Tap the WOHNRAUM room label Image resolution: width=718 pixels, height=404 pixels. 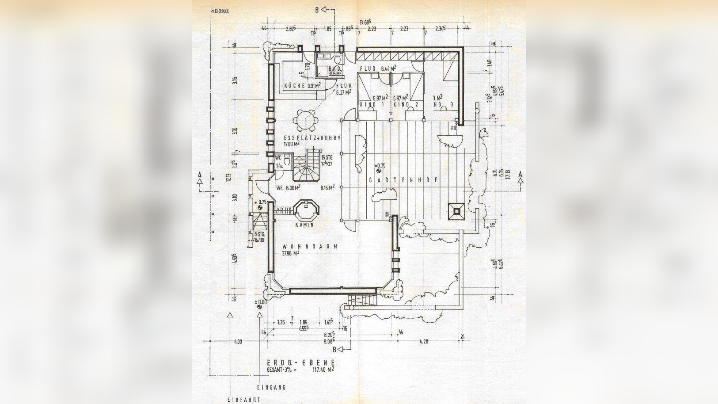310,247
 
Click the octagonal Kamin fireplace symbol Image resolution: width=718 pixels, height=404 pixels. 306,211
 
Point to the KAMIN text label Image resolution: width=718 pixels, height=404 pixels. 305,225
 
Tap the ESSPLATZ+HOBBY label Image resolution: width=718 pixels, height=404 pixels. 312,138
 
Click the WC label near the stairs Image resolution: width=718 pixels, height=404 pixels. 278,157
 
